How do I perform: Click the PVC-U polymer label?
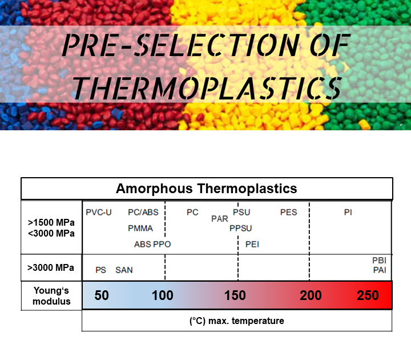99,213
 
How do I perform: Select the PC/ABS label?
143,213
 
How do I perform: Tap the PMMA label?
140,229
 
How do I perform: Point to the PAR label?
220,219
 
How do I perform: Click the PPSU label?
240,229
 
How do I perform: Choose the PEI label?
252,244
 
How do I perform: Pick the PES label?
289,213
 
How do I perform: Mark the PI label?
348,213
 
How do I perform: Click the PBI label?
380,261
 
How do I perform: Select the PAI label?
380,270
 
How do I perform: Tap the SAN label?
124,270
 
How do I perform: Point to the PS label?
101,270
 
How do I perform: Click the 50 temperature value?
102,295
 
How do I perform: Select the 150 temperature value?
235,295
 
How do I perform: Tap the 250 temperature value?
368,295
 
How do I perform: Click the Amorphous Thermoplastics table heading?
207,189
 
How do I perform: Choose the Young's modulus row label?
52,295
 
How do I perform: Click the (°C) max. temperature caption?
236,321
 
